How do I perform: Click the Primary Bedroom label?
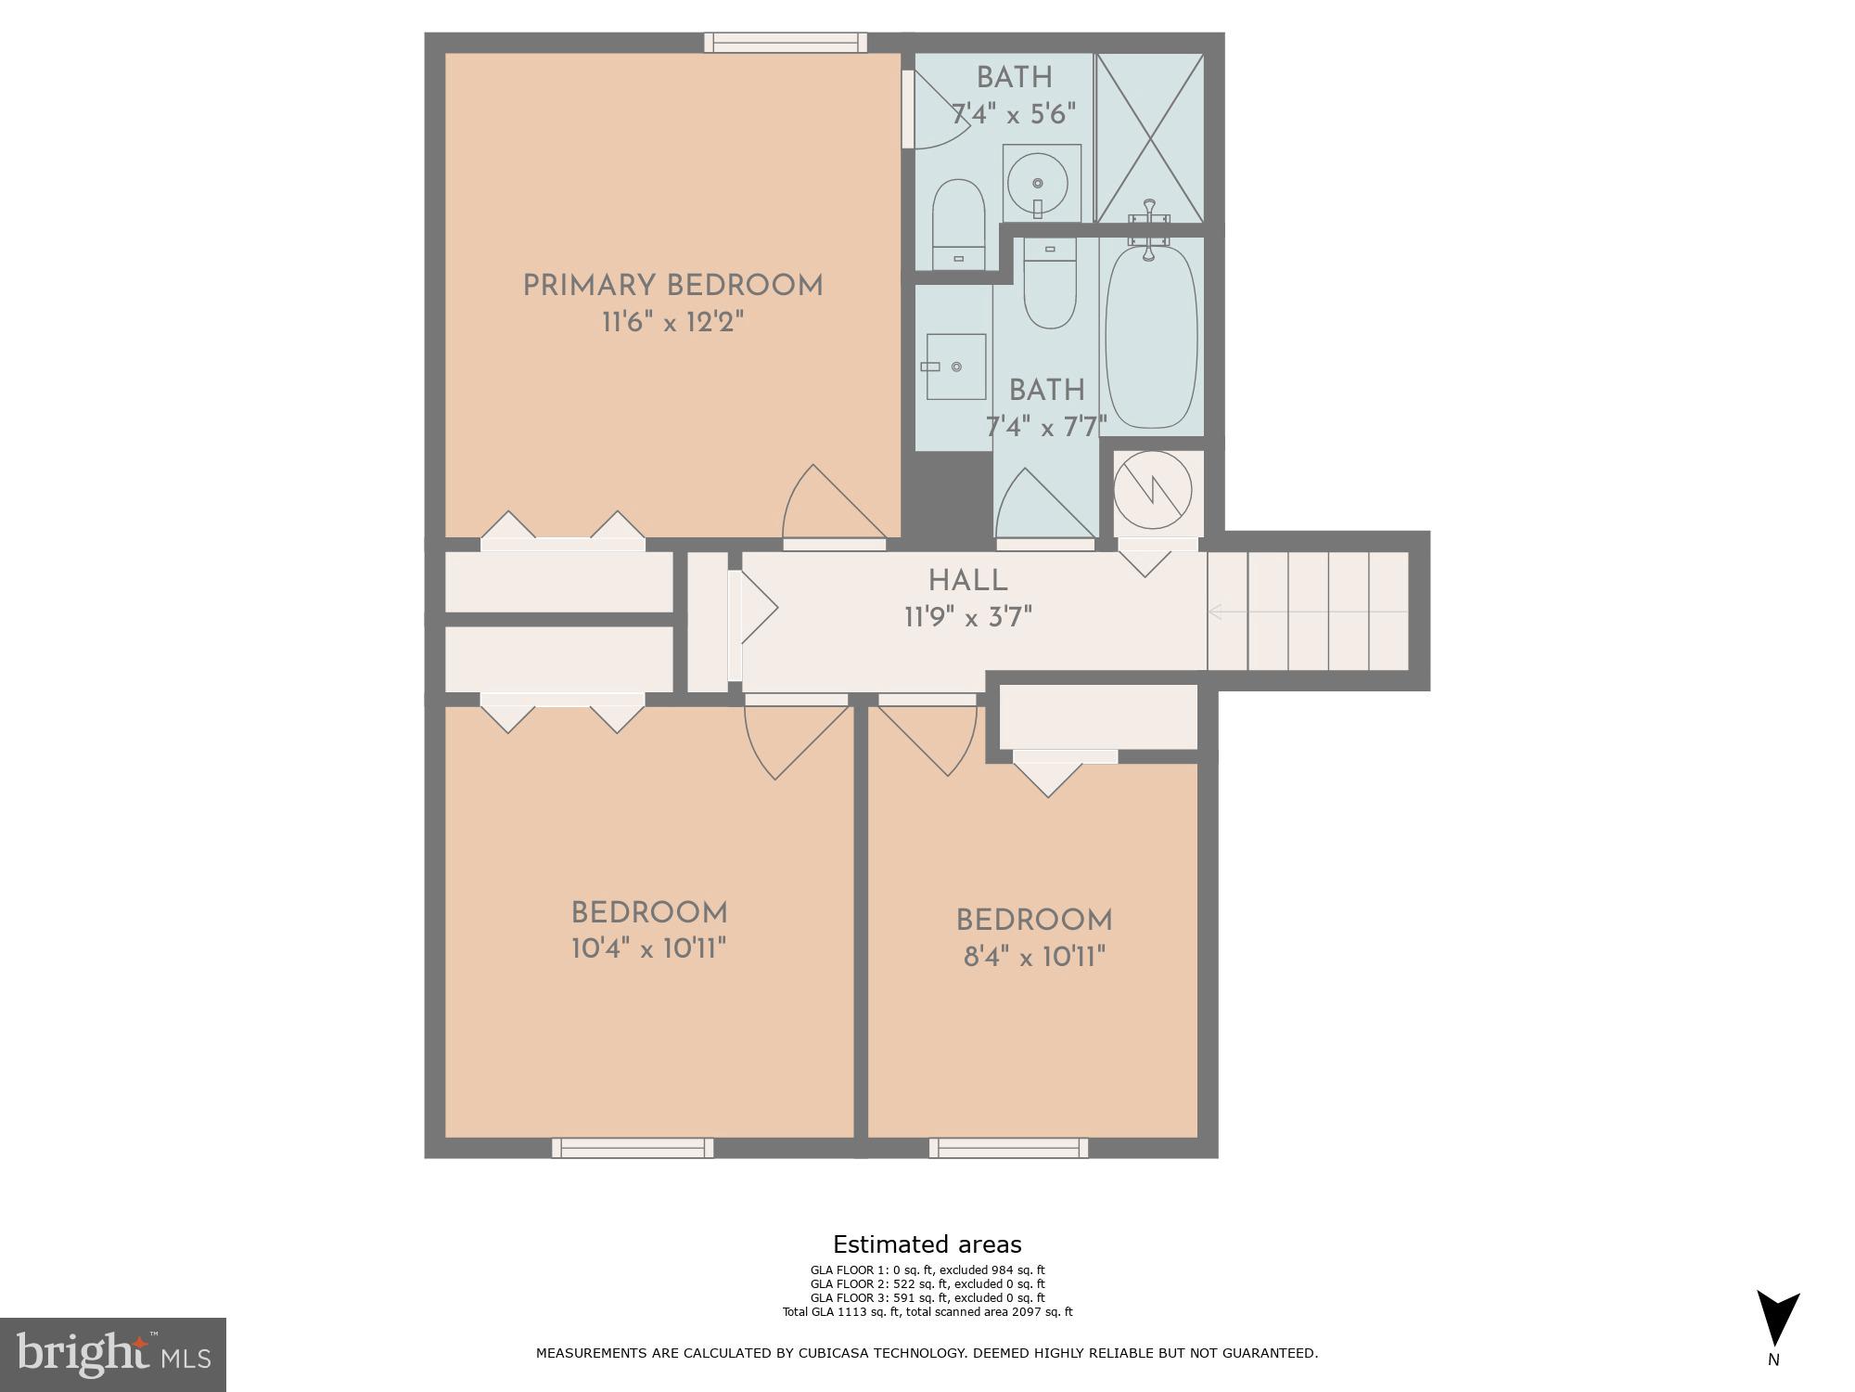click(x=672, y=286)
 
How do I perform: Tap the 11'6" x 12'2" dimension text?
click(x=672, y=323)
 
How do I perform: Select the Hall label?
click(x=967, y=581)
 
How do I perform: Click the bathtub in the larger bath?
click(x=1151, y=337)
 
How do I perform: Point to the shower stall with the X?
click(x=1149, y=137)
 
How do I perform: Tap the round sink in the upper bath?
click(x=1039, y=184)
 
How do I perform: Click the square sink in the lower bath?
click(x=954, y=367)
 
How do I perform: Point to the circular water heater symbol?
click(x=1152, y=489)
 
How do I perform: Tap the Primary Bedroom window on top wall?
click(x=785, y=43)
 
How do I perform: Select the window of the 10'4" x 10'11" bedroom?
click(x=633, y=1148)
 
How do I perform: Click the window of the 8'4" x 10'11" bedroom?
click(x=1008, y=1148)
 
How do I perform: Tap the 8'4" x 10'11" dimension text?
click(x=1034, y=957)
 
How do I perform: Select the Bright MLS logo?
click(x=113, y=1355)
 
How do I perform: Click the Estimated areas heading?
click(x=927, y=1244)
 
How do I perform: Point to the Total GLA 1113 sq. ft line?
click(x=927, y=1312)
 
